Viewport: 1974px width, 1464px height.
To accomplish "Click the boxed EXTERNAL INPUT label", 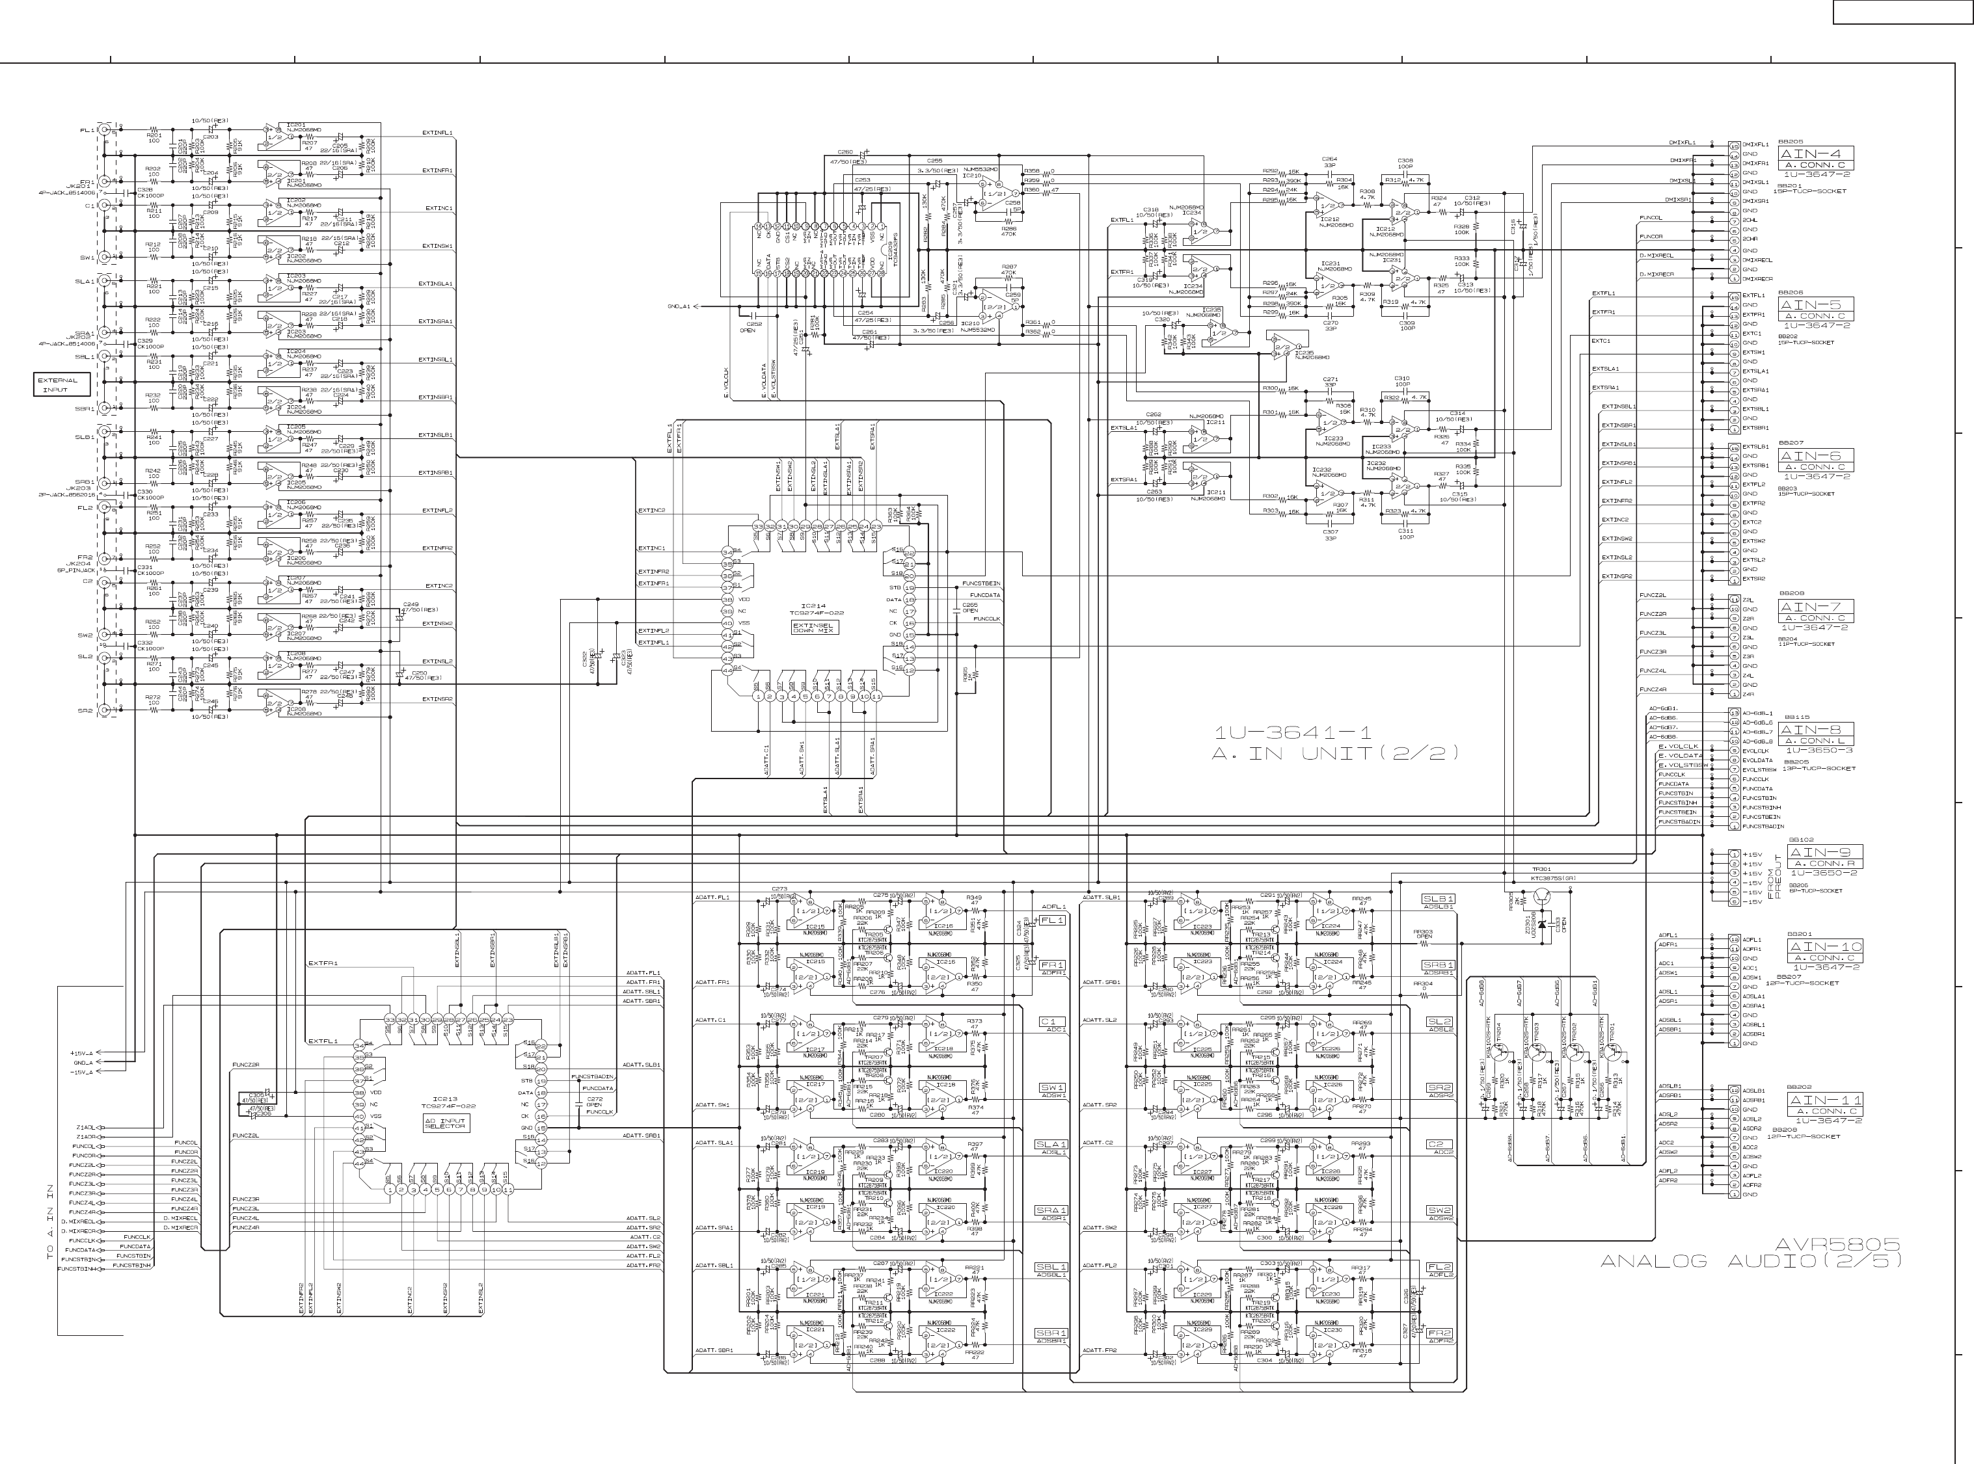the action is click(x=62, y=384).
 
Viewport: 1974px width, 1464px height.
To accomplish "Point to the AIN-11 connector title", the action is click(x=1825, y=1100).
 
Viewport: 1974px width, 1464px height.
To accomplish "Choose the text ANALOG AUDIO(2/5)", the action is click(x=1751, y=1262).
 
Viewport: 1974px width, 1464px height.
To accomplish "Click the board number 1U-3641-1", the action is click(x=1293, y=733).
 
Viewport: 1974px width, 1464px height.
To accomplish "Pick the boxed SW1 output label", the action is click(x=1052, y=1087).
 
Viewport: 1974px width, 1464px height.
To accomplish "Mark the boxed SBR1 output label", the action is click(x=1052, y=1333).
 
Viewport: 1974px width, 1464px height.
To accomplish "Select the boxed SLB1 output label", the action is click(x=1439, y=899).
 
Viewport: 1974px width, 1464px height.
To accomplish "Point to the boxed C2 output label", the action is click(x=1439, y=1144).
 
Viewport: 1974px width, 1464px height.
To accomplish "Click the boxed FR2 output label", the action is click(x=1439, y=1333).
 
